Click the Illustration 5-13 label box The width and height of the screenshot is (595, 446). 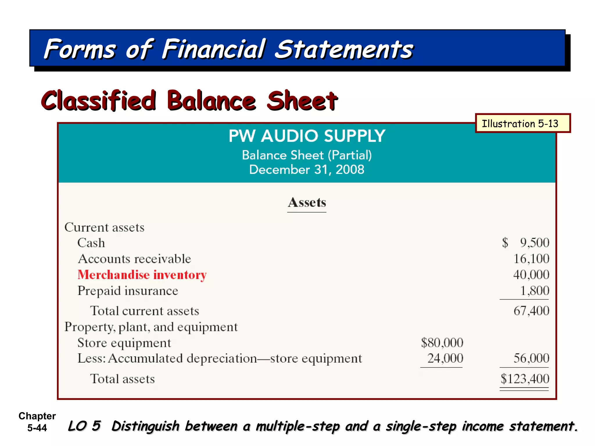click(x=522, y=123)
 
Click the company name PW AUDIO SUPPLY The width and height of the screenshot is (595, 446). click(x=307, y=136)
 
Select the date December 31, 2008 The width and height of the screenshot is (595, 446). click(x=307, y=170)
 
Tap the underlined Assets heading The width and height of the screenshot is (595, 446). click(x=307, y=202)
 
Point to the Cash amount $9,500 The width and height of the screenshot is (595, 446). click(x=526, y=242)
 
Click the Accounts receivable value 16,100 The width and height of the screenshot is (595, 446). click(x=531, y=259)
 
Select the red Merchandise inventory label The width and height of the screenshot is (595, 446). click(x=142, y=275)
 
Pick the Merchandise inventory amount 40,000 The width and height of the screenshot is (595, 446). click(x=531, y=275)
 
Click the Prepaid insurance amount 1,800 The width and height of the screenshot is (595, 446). click(x=534, y=291)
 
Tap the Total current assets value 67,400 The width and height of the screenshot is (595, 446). click(x=531, y=311)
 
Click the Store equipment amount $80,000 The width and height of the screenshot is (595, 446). click(x=442, y=343)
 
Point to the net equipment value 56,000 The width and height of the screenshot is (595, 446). click(x=531, y=358)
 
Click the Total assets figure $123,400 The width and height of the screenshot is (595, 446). click(x=525, y=379)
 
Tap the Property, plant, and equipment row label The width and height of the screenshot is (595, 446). click(x=151, y=327)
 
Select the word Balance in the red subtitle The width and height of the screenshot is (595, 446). click(x=212, y=100)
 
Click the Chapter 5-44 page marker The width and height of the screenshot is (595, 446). click(x=37, y=422)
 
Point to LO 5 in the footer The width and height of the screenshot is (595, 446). click(x=84, y=426)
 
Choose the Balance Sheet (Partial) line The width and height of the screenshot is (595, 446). click(x=307, y=155)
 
